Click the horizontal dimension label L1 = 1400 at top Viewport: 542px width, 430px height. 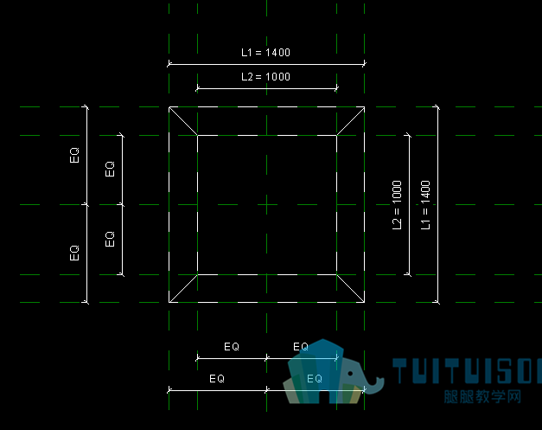(265, 53)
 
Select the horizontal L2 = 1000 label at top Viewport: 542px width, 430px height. (265, 77)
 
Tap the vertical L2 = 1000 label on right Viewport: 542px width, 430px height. (397, 205)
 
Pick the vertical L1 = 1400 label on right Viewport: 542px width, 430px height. (425, 205)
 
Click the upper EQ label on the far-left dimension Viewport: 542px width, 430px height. (74, 156)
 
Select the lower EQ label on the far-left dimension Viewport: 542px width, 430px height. (74, 254)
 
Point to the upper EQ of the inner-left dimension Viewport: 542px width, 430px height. (110, 170)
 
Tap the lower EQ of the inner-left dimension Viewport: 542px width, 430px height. (110, 240)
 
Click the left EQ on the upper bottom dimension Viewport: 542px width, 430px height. (232, 347)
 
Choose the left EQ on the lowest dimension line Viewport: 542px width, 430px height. (217, 379)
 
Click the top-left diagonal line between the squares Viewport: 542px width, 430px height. (183, 121)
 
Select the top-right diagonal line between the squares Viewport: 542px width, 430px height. (350, 121)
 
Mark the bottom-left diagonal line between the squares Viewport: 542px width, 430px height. (183, 288)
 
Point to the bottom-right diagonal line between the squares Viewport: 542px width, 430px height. (350, 288)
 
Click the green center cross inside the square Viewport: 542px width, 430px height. (267, 204)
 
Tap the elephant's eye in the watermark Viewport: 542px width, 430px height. (350, 374)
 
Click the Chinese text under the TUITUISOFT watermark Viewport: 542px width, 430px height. (482, 397)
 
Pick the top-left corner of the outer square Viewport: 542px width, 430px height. (169, 107)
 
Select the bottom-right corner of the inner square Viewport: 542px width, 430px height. (336, 274)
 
